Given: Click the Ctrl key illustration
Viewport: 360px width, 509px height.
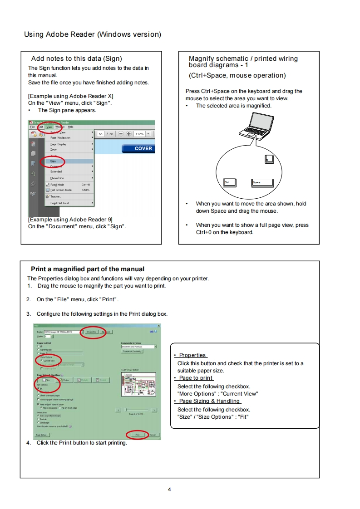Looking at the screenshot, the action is tap(230, 182).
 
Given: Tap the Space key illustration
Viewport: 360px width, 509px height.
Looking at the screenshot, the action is tap(262, 182).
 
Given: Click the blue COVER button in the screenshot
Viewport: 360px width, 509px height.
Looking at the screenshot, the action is tap(138, 148).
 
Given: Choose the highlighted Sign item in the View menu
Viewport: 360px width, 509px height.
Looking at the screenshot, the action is tap(54, 161).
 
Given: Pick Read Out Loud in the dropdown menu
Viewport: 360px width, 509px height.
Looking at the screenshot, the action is tap(59, 203).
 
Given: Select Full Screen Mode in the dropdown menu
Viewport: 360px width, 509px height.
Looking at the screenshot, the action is tap(61, 190).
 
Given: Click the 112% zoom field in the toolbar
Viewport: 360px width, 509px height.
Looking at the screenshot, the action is tap(139, 134).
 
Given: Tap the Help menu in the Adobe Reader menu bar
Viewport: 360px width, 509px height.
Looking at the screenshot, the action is tap(70, 127).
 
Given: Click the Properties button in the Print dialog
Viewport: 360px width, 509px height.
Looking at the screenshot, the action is tap(91, 332).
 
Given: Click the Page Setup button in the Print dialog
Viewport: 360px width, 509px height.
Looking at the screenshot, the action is tap(43, 434).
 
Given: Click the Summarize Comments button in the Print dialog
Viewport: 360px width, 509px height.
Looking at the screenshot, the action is tap(132, 351).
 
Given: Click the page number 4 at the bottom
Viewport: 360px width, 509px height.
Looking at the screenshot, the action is tap(169, 489).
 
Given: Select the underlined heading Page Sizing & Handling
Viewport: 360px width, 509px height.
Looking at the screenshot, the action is tap(209, 401).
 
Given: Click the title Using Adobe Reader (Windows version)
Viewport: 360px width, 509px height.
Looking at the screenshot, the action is tap(92, 34).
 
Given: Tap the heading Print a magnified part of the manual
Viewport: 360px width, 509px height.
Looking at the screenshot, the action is tap(88, 269).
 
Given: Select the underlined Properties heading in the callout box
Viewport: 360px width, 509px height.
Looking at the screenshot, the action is tap(192, 355).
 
